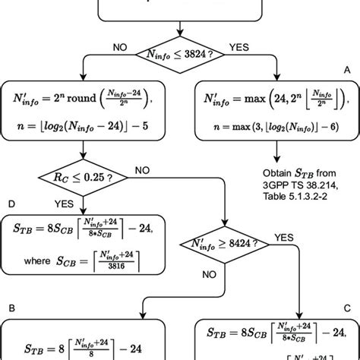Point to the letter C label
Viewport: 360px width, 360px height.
click(348, 309)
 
